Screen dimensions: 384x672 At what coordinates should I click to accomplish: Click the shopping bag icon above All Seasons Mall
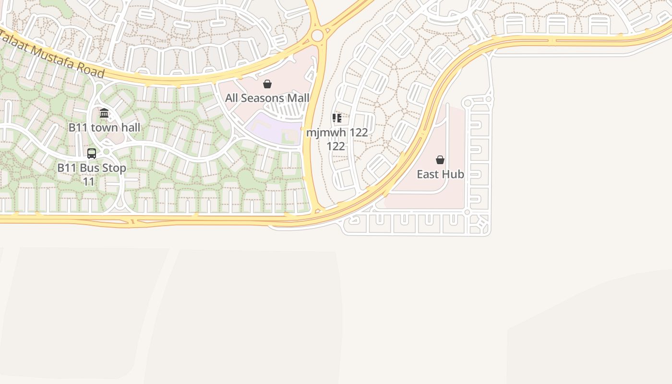[267, 84]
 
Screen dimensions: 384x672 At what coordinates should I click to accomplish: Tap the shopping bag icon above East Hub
[440, 160]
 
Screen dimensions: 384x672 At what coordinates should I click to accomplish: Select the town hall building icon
[104, 113]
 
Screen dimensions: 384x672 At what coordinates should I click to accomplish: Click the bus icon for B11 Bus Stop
[92, 154]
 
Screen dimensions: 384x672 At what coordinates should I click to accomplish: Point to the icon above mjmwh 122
[337, 118]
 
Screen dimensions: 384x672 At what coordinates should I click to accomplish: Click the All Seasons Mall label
[267, 98]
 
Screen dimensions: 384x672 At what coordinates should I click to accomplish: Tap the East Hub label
[440, 174]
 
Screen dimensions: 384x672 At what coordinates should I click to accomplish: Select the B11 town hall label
[104, 127]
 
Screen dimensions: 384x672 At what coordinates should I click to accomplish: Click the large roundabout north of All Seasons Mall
[317, 36]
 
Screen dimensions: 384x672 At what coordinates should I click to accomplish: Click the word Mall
[298, 98]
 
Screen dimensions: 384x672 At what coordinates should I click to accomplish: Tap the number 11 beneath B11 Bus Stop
[89, 182]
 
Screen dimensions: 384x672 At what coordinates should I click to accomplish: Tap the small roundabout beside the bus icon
[107, 152]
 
